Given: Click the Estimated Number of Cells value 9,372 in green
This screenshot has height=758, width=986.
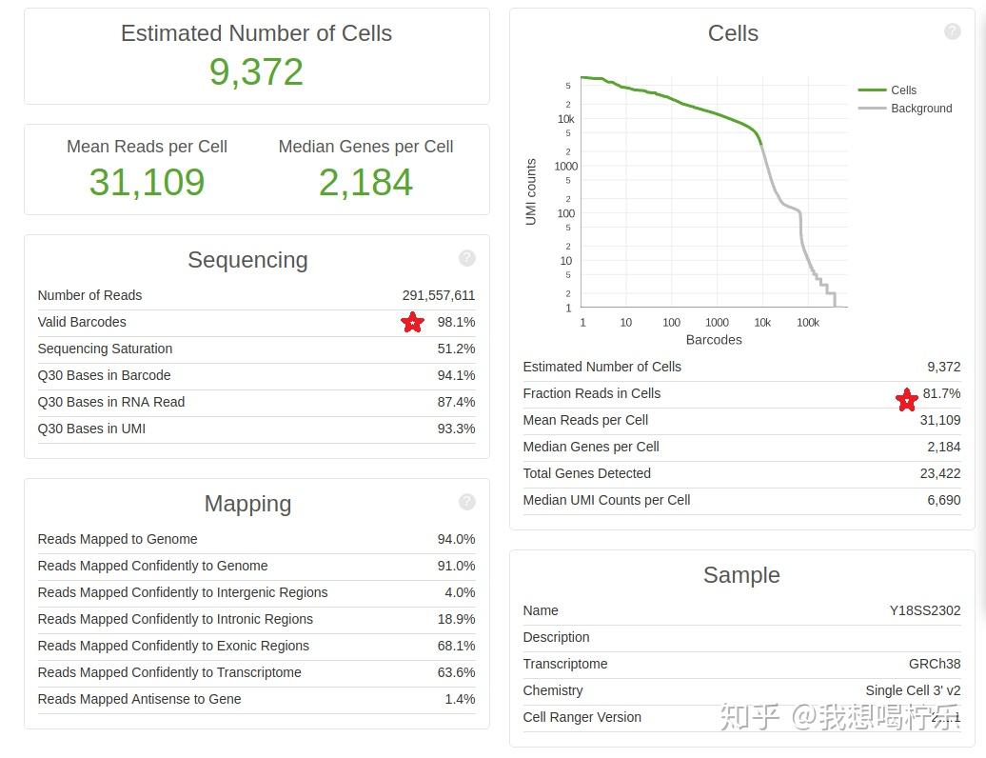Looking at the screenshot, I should pos(256,72).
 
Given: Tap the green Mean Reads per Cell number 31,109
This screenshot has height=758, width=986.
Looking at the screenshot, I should pos(147,182).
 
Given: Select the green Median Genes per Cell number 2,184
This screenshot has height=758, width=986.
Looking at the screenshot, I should pos(365,182).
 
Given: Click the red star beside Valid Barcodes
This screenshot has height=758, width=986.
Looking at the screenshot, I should pos(412,323).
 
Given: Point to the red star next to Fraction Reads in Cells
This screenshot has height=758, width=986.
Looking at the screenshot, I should pos(907,400).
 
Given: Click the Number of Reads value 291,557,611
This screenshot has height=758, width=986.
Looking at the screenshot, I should pos(439,295).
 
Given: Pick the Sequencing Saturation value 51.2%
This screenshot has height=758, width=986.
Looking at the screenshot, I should pos(456,349).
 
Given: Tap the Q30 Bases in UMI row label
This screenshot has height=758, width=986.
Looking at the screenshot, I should pos(91,429).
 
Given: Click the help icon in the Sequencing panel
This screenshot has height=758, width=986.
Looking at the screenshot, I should pos(466,258).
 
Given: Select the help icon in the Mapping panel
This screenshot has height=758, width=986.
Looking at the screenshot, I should pos(466,502).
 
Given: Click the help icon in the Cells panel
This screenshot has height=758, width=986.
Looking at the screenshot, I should pos(952,31).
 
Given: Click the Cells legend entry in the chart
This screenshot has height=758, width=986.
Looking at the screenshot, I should pos(903,90).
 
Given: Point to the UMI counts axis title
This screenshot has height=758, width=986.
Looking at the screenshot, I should pos(531,191).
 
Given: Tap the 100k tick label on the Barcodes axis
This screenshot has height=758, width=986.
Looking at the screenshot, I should pos(807,323).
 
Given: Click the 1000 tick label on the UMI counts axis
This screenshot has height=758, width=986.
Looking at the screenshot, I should pos(565,167).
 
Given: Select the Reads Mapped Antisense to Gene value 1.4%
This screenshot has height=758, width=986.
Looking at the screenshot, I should pos(460,699).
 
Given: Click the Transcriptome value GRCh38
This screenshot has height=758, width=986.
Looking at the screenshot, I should pos(935,664).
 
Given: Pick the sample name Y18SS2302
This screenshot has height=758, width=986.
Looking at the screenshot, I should pos(925,610).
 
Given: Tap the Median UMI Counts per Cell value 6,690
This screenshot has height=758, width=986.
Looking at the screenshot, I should pos(944,500).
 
